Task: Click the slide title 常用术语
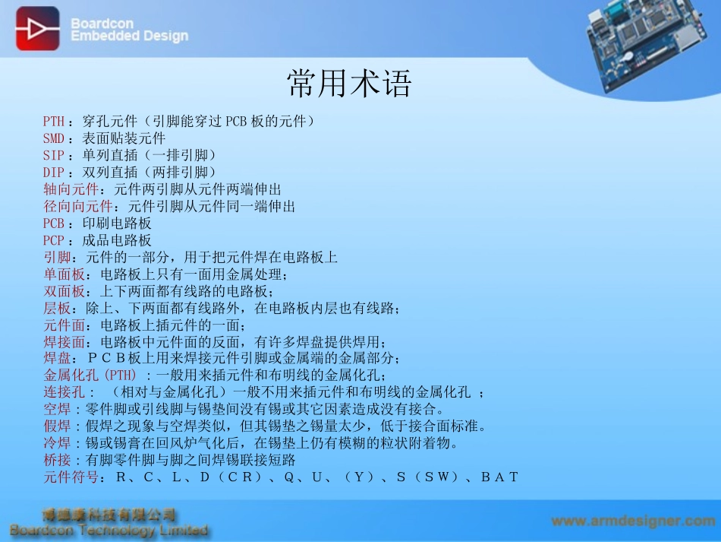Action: pos(349,84)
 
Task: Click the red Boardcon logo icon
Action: pos(37,28)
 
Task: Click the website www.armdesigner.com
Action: pos(633,521)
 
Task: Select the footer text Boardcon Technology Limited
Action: pos(109,530)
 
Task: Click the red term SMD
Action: pos(54,138)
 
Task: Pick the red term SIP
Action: pos(54,155)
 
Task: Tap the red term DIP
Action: pos(54,172)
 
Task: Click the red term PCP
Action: pos(54,240)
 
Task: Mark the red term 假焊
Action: pos(58,426)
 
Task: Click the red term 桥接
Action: pos(58,460)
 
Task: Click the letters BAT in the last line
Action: pos(499,477)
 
